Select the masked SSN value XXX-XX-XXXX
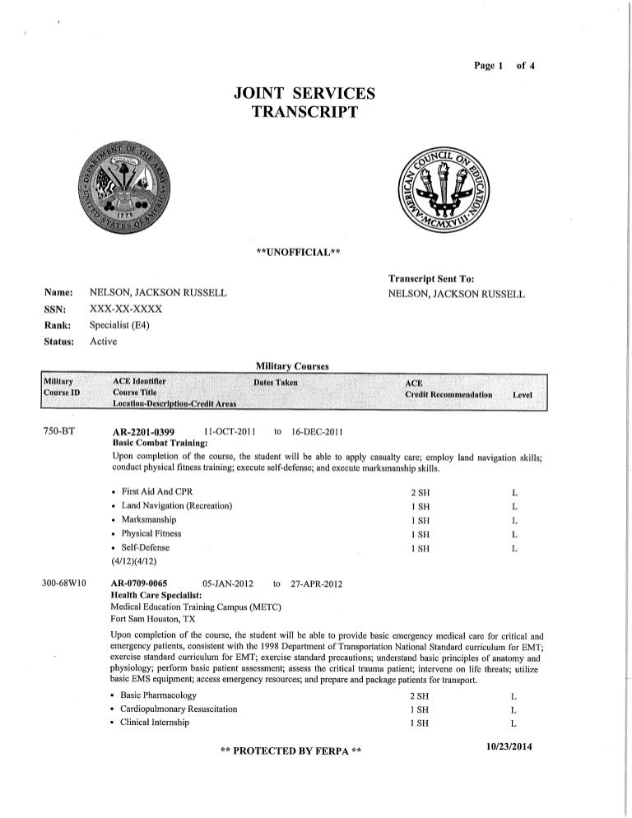[126, 309]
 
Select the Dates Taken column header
[276, 383]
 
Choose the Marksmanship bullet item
[149, 519]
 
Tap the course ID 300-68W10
[66, 583]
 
